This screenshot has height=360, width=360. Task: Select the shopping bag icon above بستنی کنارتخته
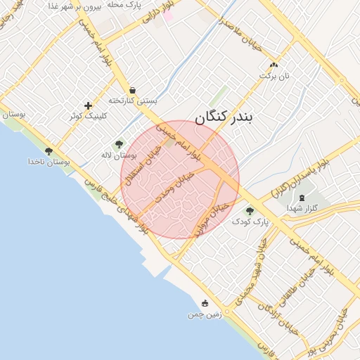[132, 90]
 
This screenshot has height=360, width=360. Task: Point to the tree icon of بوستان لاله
[118, 144]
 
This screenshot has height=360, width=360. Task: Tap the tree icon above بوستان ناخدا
[49, 151]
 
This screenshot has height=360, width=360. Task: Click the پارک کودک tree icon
[250, 210]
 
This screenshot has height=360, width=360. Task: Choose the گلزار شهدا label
[303, 209]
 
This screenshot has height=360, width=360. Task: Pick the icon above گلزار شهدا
[303, 198]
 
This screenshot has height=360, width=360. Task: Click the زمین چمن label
[205, 314]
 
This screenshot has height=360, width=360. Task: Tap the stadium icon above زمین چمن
[205, 303]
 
